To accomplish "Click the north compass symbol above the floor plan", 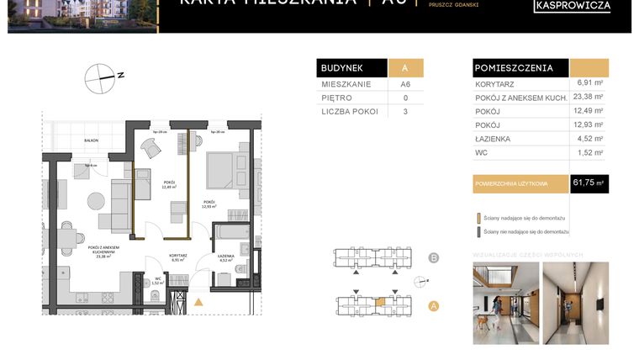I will [99, 77].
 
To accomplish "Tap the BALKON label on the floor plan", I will [91, 141].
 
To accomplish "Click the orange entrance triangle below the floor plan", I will [198, 301].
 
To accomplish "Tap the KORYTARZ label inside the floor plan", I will [177, 256].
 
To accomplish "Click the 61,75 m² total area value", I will [589, 183].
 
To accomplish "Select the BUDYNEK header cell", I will [351, 68].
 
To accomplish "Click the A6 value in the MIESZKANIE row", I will [404, 85].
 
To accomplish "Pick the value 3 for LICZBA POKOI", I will [404, 111].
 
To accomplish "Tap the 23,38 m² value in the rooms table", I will [589, 97].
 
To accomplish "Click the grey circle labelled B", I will [434, 258].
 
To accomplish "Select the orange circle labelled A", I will [434, 306].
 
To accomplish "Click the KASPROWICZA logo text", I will [572, 7].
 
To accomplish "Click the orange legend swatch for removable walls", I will [478, 217].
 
